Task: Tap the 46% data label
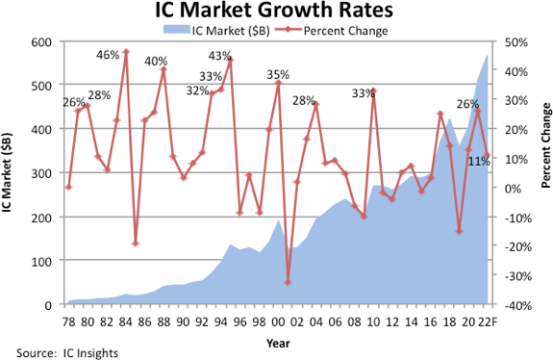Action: click(x=108, y=55)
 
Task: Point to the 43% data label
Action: click(x=219, y=56)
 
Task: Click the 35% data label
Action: click(x=278, y=74)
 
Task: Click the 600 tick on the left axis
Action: click(x=38, y=42)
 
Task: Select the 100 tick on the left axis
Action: click(x=38, y=261)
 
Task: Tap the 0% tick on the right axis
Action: click(x=509, y=188)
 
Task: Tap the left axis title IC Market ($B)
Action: click(x=9, y=173)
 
